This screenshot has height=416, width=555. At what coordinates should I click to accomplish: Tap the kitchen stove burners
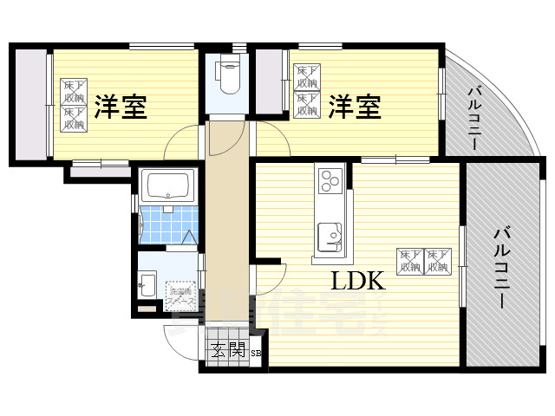330,181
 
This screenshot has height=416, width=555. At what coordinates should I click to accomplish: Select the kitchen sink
330,236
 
